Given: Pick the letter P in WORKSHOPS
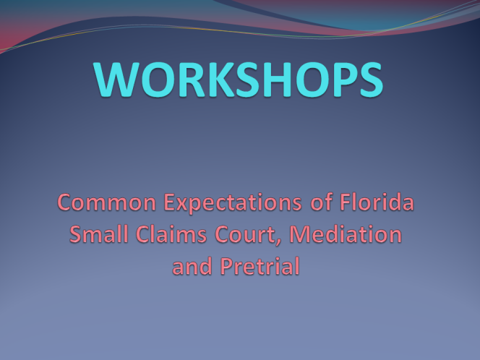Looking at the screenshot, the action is point(343,80).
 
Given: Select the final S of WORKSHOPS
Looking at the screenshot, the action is point(371,80).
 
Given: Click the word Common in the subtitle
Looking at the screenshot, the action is point(107,202).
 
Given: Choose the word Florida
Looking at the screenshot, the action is point(377,202).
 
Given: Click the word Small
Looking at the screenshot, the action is point(98,234).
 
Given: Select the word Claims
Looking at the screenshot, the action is point(171,234).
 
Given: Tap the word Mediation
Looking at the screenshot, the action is point(346,234).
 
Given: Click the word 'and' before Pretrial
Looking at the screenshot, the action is point(192,266).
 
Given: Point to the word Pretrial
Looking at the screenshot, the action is point(260,266).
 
